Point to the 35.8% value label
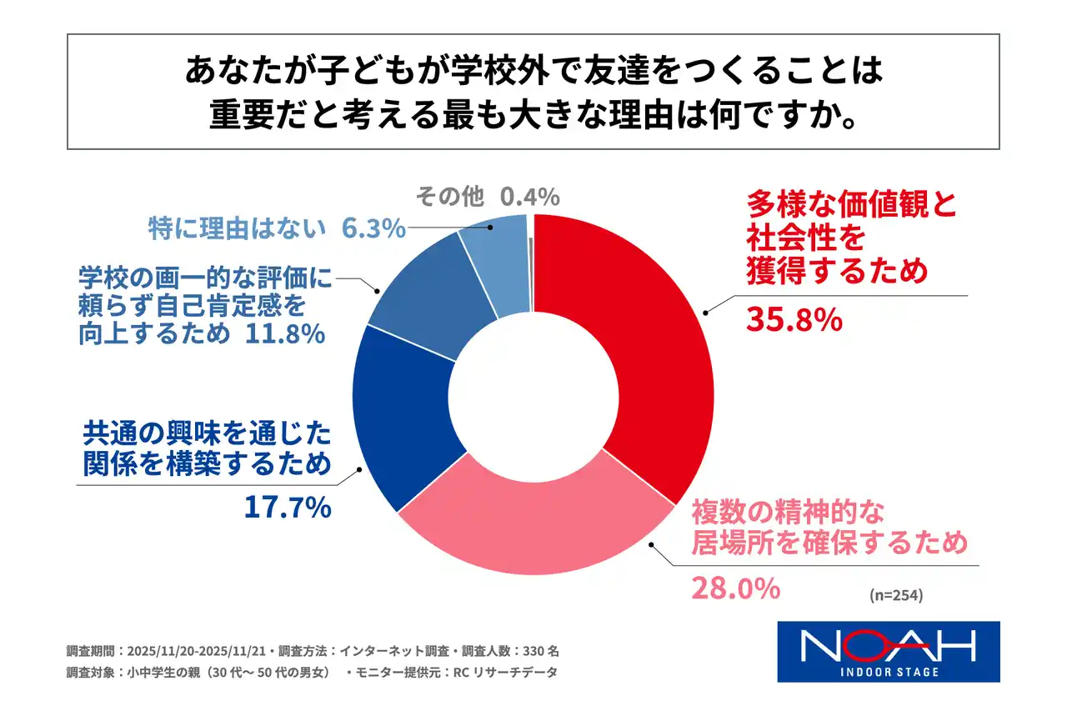793,320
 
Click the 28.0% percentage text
735,588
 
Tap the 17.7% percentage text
288,507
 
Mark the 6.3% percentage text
373,228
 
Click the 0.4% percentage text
529,197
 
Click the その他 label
449,197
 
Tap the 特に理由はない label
238,228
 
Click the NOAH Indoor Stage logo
888,651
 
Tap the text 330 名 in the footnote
550,650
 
